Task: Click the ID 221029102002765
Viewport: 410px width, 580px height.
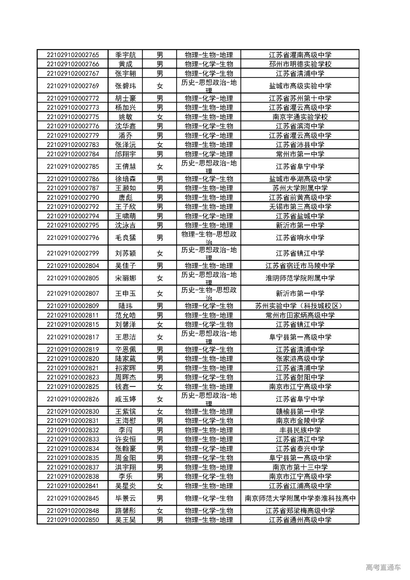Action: click(x=73, y=55)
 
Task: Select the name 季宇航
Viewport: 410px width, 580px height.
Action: click(x=126, y=55)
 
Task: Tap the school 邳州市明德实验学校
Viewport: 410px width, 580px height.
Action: click(x=300, y=64)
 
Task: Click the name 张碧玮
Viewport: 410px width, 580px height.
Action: click(x=126, y=86)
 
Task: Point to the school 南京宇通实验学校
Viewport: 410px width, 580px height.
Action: click(x=300, y=117)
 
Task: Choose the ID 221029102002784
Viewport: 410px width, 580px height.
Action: click(x=73, y=154)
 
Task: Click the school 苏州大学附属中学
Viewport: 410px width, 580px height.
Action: click(x=300, y=188)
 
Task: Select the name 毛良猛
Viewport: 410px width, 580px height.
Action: click(x=126, y=238)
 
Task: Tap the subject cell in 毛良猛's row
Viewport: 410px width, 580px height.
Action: click(x=209, y=238)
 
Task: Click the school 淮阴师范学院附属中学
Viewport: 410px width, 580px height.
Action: click(x=300, y=278)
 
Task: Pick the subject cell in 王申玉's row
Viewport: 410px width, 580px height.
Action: click(x=209, y=294)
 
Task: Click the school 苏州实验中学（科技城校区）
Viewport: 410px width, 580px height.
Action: click(x=300, y=306)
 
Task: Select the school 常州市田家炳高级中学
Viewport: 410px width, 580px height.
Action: click(x=300, y=315)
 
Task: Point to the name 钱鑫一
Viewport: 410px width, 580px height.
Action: click(x=126, y=387)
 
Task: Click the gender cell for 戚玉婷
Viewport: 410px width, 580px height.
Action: click(x=160, y=399)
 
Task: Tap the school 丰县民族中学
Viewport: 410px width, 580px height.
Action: click(x=300, y=430)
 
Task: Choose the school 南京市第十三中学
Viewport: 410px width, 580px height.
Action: click(x=300, y=467)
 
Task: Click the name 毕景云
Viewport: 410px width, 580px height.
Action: click(x=126, y=498)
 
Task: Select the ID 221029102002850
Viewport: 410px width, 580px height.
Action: click(x=73, y=520)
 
